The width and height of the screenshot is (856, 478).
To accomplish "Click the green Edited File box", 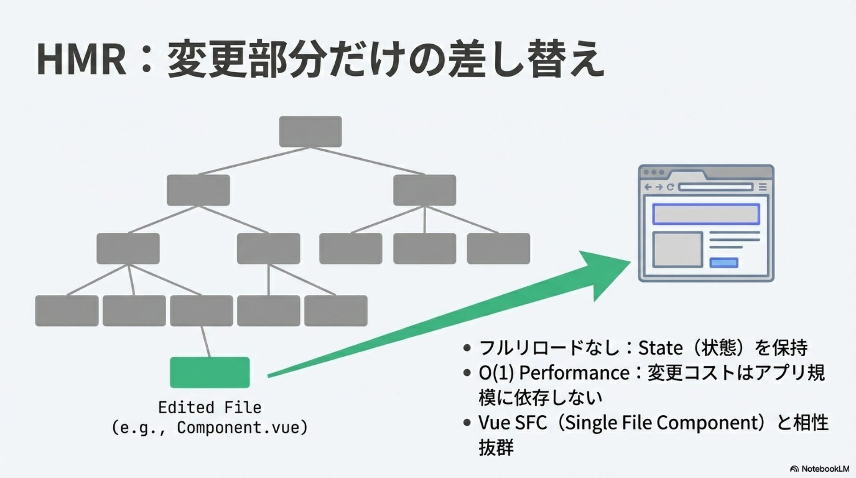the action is coord(210,372).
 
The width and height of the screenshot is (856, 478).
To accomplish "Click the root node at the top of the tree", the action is coord(310,132).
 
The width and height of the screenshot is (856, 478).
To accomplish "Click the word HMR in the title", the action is coord(82,59).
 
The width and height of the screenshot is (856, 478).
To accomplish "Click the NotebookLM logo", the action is coord(819,469).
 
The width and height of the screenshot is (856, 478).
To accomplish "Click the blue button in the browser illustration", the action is coord(724,263).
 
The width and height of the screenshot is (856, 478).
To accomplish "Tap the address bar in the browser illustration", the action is coord(716,187).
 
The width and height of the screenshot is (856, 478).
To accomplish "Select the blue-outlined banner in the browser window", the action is coord(706,214).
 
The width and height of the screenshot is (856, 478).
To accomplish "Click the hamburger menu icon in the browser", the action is coord(763,187).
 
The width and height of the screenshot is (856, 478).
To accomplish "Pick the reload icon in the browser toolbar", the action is coord(670,187).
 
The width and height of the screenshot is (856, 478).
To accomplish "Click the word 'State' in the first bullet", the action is coord(660,347).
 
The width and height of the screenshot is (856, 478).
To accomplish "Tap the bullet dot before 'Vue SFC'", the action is coord(467,422).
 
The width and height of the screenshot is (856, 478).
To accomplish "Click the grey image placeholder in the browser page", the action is coord(678,249).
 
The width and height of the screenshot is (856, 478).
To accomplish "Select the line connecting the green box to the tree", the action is coord(205,342).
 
